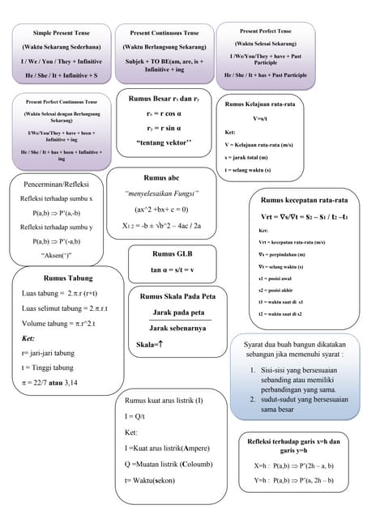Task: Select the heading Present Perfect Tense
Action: tap(266, 30)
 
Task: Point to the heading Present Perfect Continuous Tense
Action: tap(62, 102)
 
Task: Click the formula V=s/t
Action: tap(262, 119)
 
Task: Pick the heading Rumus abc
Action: tap(161, 177)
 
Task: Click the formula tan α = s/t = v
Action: tap(172, 269)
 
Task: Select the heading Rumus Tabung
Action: tap(68, 278)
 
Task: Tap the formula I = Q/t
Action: tap(139, 416)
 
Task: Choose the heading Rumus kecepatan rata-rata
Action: tap(304, 200)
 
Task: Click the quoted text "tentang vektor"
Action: tap(164, 142)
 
